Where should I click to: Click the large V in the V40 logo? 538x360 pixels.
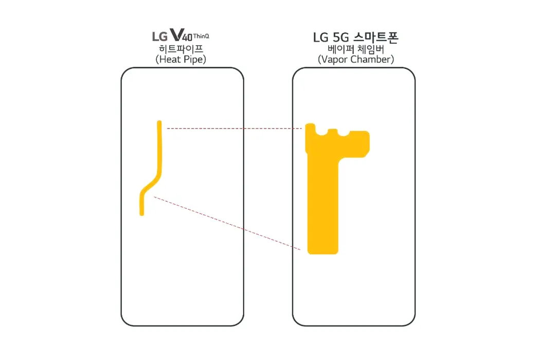click(176, 34)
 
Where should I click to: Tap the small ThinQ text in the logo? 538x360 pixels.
click(201, 36)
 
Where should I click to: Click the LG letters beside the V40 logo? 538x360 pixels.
click(160, 37)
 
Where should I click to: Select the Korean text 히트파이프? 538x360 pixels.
click(181, 49)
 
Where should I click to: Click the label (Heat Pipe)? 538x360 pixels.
click(181, 59)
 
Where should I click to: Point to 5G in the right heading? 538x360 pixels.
click(340, 38)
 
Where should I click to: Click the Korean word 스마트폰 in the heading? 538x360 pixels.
click(375, 37)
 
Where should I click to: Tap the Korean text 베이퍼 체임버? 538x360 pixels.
click(356, 49)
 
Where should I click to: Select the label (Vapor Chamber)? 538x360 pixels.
click(356, 59)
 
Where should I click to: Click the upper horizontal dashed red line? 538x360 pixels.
click(234, 129)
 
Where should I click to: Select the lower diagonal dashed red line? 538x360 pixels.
click(227, 223)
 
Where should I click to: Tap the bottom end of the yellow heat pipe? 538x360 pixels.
click(142, 214)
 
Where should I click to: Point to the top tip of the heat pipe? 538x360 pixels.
click(159, 121)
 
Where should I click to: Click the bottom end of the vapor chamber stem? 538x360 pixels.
click(323, 253)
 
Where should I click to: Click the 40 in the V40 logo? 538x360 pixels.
click(187, 37)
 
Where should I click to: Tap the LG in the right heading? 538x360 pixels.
click(321, 38)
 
